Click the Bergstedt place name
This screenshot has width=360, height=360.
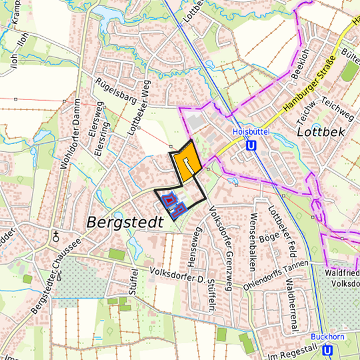(125, 222)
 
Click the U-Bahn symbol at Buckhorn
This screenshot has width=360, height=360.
(327, 350)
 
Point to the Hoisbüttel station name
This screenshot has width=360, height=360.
(250, 132)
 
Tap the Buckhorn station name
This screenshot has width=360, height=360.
(327, 338)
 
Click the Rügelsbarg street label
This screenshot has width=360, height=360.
(120, 91)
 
